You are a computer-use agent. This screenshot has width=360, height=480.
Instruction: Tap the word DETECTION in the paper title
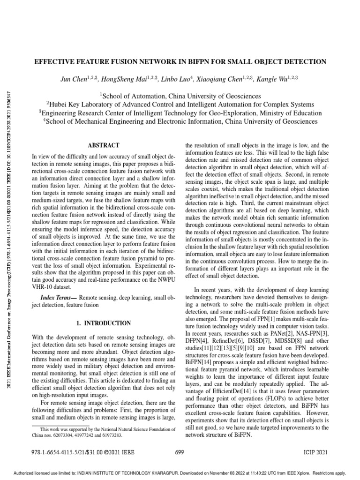301,61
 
